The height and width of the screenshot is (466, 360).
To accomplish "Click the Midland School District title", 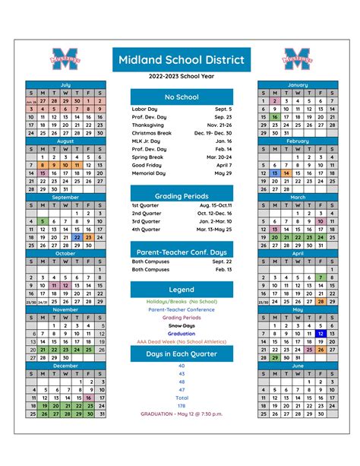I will click(182, 59).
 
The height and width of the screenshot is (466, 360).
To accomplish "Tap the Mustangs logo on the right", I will click(297, 58).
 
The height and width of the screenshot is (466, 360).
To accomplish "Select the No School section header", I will click(182, 97).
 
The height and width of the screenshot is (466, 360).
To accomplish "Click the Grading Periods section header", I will click(182, 196).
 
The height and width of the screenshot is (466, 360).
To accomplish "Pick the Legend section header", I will click(182, 290).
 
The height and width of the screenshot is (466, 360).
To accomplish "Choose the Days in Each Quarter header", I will click(182, 354).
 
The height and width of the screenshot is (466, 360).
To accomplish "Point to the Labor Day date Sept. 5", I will click(223, 109).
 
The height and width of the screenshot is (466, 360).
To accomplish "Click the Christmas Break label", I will click(152, 132).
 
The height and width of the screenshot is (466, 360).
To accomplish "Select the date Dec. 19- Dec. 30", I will click(213, 132).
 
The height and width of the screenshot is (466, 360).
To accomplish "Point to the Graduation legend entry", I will click(182, 333).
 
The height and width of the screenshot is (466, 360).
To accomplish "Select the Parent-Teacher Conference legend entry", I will click(182, 309).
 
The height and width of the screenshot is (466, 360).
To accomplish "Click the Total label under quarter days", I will click(182, 398).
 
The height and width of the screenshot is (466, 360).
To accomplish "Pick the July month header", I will click(66, 84).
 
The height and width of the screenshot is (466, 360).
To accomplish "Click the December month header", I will click(66, 366).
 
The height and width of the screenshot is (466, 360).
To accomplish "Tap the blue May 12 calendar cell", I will click(321, 334).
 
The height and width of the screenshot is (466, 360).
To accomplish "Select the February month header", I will click(298, 141).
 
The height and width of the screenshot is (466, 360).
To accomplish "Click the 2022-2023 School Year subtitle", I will click(182, 77).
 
